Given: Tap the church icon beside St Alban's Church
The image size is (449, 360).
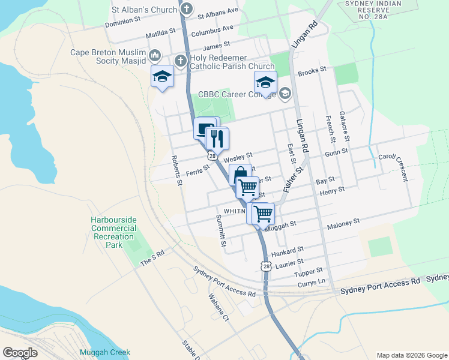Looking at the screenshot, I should pyautogui.click(x=187, y=9).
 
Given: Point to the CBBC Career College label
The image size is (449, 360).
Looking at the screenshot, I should pyautogui.click(x=237, y=94).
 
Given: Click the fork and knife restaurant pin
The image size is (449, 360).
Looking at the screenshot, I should pyautogui.click(x=217, y=139).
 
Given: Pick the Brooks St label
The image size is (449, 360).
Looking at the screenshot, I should pyautogui.click(x=312, y=70).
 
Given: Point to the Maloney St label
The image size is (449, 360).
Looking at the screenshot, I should pyautogui.click(x=343, y=223).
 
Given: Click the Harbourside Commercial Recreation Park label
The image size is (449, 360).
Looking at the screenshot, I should pyautogui.click(x=114, y=232).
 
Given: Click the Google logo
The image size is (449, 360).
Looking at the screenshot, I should pyautogui.click(x=20, y=352).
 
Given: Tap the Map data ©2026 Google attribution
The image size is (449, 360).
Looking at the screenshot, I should pyautogui.click(x=411, y=355).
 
